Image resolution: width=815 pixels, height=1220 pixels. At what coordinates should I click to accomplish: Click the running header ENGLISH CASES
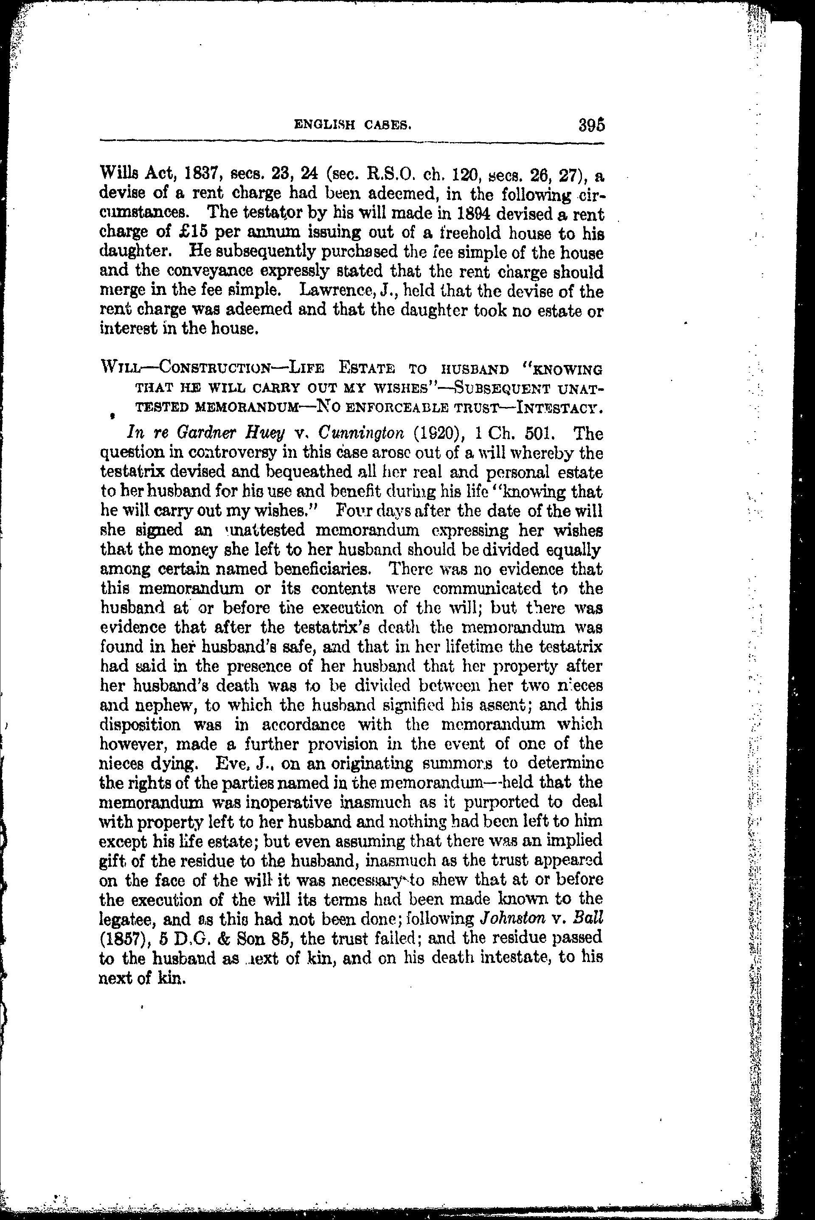353,125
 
